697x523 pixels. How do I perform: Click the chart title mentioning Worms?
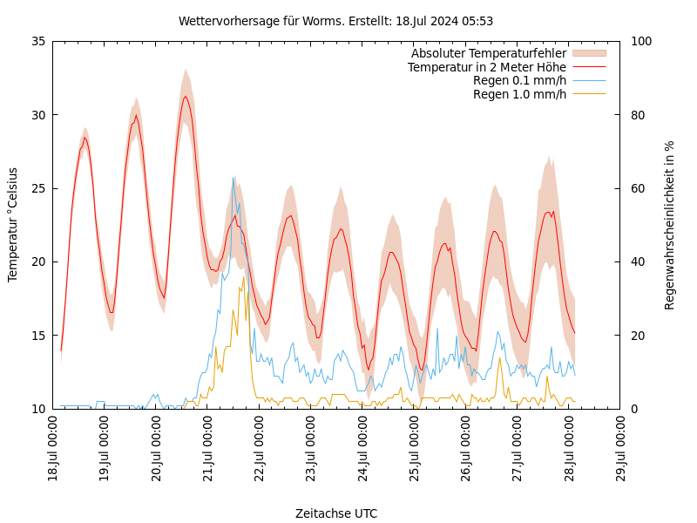pyautogui.click(x=335, y=21)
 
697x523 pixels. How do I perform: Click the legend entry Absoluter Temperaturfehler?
pyautogui.click(x=488, y=54)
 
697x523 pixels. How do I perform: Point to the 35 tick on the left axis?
pyautogui.click(x=37, y=41)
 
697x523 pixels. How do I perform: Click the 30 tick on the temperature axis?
pyautogui.click(x=37, y=115)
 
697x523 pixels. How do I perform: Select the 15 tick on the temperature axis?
pyautogui.click(x=37, y=336)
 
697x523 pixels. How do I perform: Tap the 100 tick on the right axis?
pyautogui.click(x=640, y=41)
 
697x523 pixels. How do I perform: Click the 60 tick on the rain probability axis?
pyautogui.click(x=637, y=188)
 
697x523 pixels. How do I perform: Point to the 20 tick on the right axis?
pyautogui.click(x=637, y=336)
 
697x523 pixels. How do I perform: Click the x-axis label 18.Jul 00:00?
pyautogui.click(x=53, y=449)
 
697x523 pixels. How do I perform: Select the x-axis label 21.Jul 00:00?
pyautogui.click(x=208, y=449)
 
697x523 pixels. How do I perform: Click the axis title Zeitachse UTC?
pyautogui.click(x=336, y=513)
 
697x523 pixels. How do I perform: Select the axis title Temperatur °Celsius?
pyautogui.click(x=13, y=224)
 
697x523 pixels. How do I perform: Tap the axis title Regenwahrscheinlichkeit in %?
pyautogui.click(x=670, y=224)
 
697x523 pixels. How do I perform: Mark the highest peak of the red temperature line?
pyautogui.click(x=185, y=96)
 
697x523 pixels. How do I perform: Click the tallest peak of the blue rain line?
pyautogui.click(x=233, y=178)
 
